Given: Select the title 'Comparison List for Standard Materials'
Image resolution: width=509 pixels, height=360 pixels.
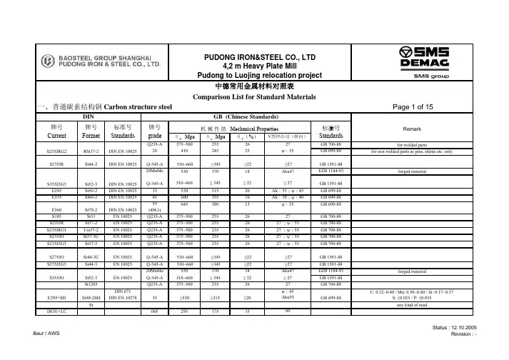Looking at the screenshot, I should click(x=255, y=96).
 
